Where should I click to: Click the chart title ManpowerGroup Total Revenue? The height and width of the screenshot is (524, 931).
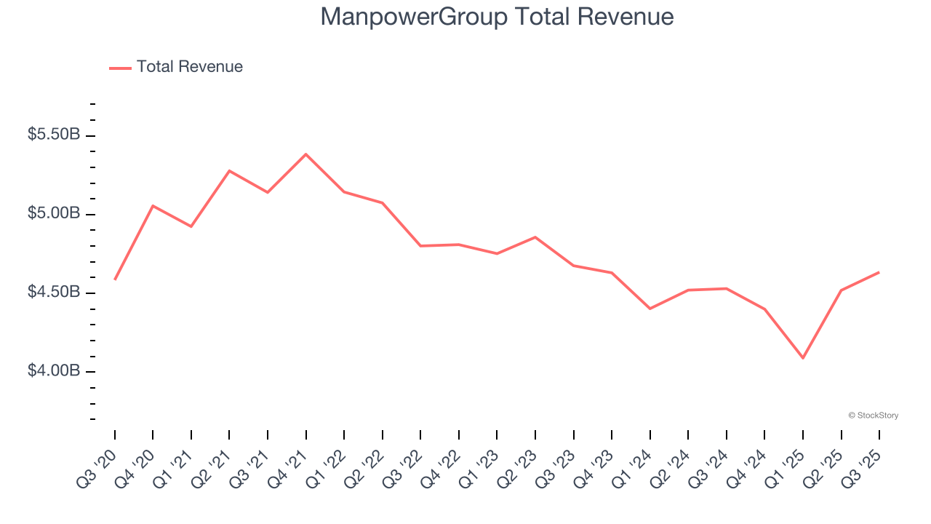497,17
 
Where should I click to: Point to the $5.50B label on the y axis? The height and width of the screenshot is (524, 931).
53,135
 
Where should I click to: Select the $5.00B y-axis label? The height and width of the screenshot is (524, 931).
53,214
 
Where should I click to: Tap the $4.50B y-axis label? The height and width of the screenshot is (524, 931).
53,293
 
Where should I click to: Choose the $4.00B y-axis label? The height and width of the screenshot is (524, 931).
53,371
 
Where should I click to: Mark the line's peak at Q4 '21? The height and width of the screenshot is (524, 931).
306,154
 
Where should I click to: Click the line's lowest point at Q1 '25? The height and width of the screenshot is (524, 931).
803,358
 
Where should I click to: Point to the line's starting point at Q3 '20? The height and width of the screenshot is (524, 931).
115,279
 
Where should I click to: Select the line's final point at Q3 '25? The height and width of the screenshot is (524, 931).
879,272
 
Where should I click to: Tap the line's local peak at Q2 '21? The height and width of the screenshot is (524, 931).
229,171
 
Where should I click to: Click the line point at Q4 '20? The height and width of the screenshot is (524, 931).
153,206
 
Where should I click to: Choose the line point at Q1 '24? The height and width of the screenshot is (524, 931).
650,309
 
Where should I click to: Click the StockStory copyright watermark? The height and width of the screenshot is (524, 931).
873,416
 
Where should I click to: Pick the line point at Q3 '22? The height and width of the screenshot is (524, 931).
420,246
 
